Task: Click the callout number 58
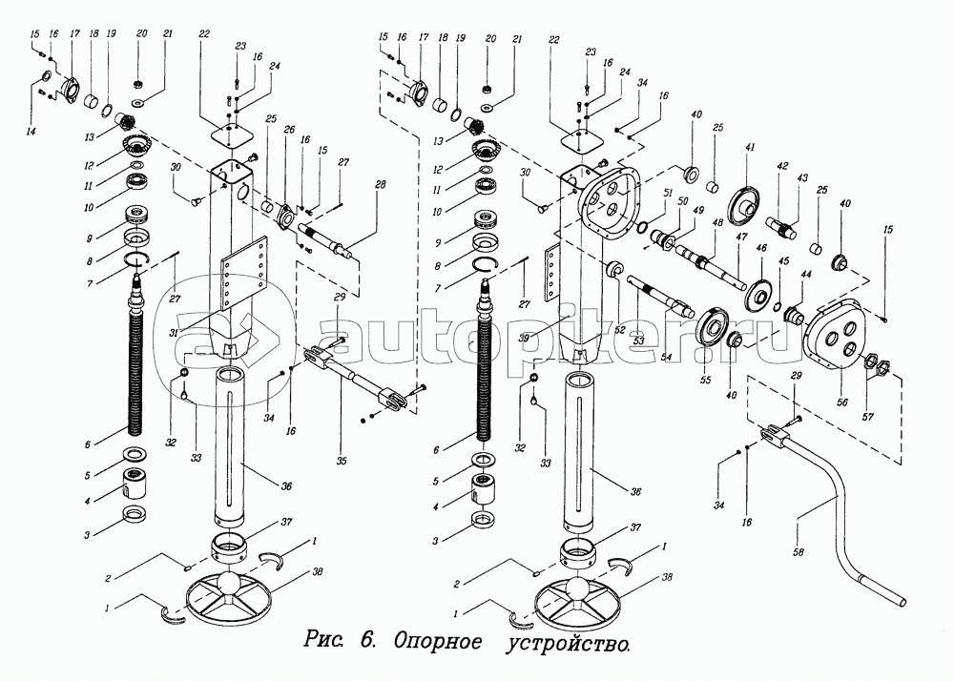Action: click(x=798, y=552)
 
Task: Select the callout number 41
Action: click(x=750, y=147)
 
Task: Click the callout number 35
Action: click(x=342, y=461)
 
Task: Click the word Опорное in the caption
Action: click(x=438, y=642)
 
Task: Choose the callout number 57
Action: click(x=868, y=417)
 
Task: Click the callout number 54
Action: click(x=666, y=357)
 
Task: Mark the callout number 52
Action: click(x=619, y=329)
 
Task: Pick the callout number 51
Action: click(x=668, y=193)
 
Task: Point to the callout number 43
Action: click(x=803, y=178)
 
